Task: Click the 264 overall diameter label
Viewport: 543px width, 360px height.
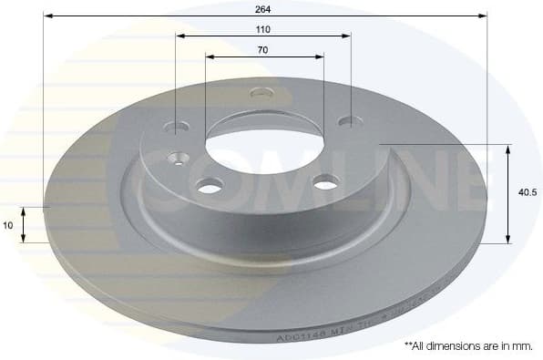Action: click(x=264, y=7)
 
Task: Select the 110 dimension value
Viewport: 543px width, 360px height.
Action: click(x=263, y=28)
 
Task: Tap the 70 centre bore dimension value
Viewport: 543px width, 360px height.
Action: click(x=263, y=49)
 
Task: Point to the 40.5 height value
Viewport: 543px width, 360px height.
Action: click(x=526, y=193)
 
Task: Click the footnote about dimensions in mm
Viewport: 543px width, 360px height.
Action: click(x=467, y=345)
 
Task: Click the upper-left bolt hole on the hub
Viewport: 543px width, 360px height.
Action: click(x=178, y=127)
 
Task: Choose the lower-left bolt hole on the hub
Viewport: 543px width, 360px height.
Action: click(x=210, y=186)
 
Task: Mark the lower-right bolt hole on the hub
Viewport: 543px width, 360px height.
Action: click(x=325, y=183)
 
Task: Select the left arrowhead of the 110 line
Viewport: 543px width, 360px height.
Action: click(x=179, y=36)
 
